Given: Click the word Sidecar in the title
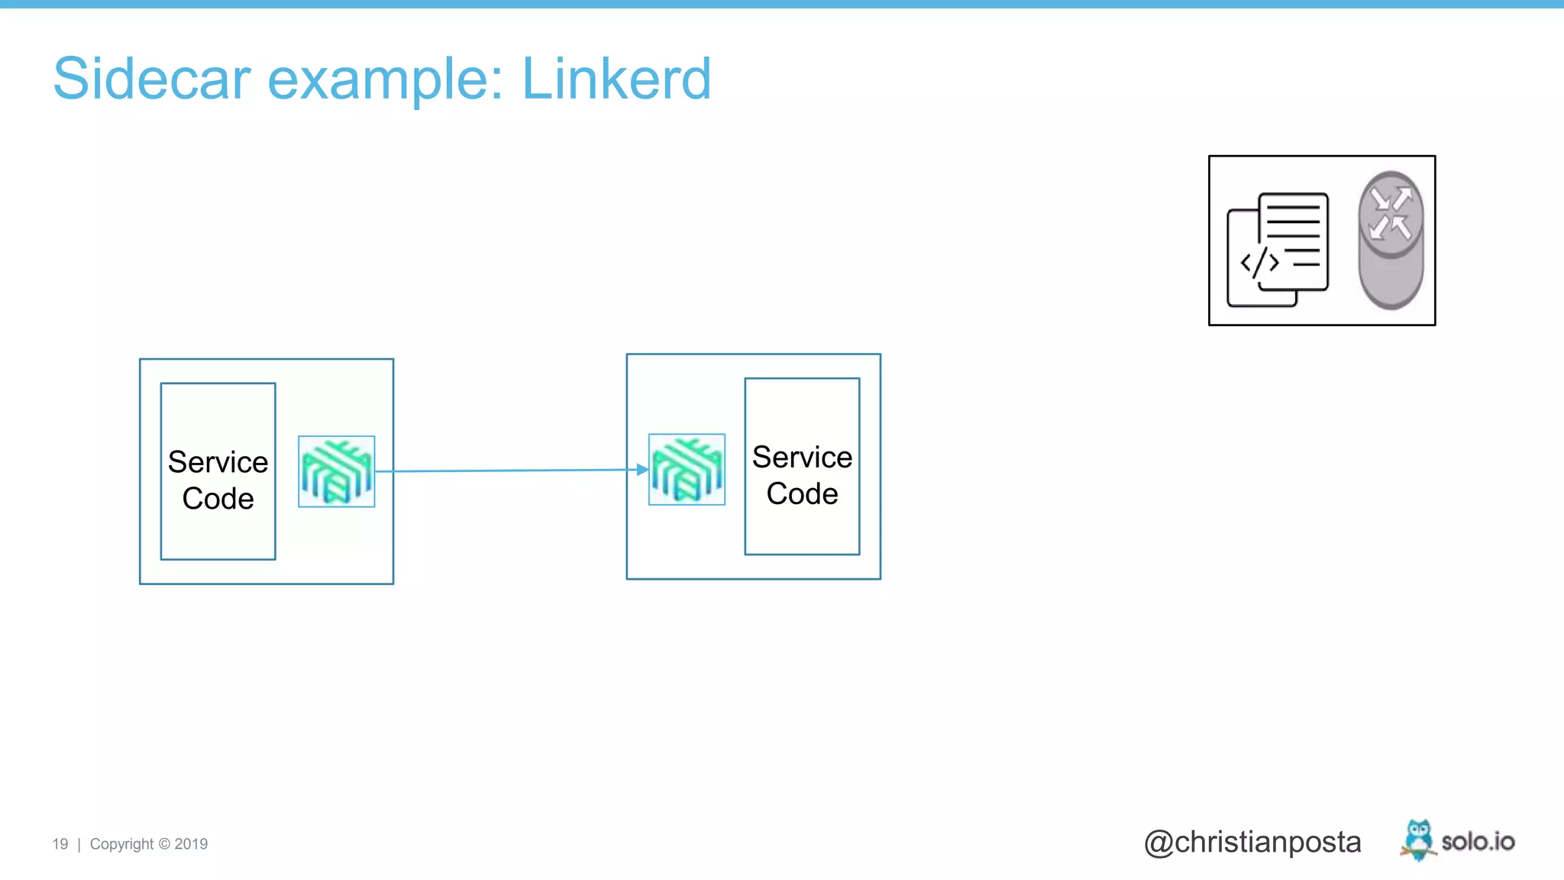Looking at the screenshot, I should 152,79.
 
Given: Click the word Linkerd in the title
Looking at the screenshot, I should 616,79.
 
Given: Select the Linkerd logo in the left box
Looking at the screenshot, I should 336,471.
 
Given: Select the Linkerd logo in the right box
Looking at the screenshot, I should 687,469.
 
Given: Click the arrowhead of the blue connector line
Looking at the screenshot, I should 642,470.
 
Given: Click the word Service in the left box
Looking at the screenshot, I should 218,462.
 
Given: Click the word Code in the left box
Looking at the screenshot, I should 218,499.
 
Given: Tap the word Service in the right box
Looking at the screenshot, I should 802,457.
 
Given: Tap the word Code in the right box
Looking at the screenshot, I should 802,493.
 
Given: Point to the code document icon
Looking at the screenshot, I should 1278,249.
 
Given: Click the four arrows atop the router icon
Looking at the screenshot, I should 1391,213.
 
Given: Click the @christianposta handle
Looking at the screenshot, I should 1252,842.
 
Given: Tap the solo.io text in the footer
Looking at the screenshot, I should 1478,842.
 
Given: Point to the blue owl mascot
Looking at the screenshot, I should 1418,840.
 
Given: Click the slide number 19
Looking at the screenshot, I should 60,844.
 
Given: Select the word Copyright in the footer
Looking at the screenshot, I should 121,844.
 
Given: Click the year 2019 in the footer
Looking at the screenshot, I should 191,844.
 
